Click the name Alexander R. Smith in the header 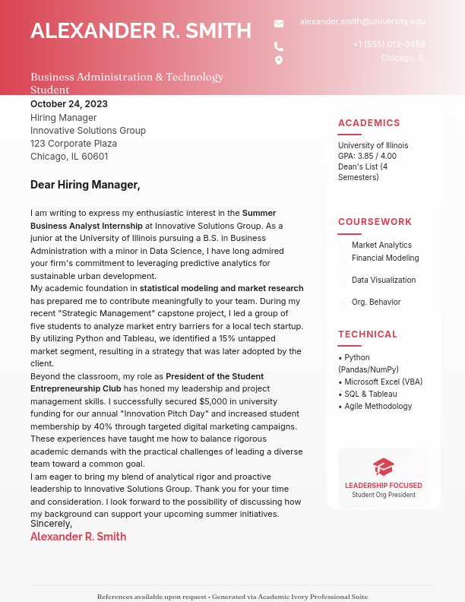pos(141,31)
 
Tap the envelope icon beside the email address pos(279,24)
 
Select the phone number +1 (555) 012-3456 pos(388,45)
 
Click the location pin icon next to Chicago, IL pos(279,60)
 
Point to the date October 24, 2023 pos(69,104)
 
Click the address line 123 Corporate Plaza pos(74,144)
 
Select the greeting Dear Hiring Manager pos(85,185)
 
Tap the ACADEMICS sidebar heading pos(369,123)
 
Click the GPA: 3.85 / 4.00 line pos(367,157)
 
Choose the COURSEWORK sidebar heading pos(375,222)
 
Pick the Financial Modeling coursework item pos(384,258)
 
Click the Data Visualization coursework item pos(383,280)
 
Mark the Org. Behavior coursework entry pos(375,303)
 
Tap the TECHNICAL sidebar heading pos(368,334)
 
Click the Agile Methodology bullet pos(378,407)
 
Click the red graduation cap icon pos(384,467)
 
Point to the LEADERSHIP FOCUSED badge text pos(384,486)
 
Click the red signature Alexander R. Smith pos(78,537)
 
